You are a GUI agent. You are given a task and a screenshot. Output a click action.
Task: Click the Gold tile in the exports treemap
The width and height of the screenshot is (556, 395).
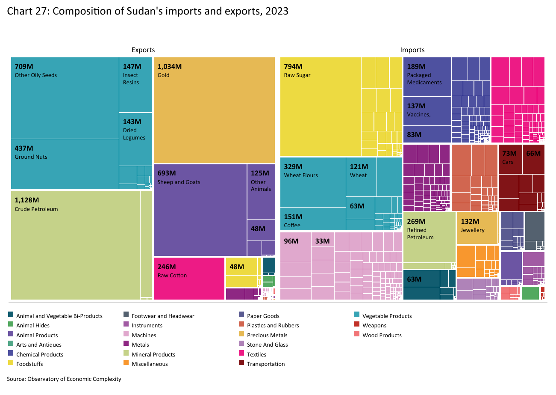pos(214,110)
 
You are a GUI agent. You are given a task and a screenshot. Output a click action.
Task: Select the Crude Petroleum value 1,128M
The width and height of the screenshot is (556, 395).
pos(27,200)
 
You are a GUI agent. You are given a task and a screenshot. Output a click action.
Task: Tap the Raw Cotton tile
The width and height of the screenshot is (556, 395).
pos(189,278)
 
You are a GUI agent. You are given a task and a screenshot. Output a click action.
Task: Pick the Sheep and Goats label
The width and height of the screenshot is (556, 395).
pos(179,182)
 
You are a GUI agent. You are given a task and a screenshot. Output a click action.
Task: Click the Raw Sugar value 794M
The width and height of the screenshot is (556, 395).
pos(293,66)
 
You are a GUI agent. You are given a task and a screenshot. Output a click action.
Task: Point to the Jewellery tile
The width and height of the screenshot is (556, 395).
pos(477,228)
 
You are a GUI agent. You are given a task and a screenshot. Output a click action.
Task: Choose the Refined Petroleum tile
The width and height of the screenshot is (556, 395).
pos(429,238)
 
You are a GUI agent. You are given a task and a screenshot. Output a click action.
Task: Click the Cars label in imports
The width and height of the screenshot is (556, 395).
pos(508,162)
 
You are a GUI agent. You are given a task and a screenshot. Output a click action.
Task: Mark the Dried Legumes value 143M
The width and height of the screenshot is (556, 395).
pos(132,122)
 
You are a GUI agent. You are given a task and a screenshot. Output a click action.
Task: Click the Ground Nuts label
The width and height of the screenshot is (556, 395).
pos(31,157)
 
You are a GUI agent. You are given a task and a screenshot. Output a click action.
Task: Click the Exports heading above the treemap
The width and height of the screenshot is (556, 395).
pos(143,50)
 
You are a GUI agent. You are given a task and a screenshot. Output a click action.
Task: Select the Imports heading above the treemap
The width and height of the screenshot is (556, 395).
pos(412,50)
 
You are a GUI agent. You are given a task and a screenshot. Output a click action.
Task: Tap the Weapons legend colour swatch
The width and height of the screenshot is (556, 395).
pos(357,325)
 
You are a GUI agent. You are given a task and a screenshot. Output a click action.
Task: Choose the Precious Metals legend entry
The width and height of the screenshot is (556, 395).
pos(267,335)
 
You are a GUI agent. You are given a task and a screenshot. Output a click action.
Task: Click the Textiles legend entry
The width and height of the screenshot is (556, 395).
pos(256,354)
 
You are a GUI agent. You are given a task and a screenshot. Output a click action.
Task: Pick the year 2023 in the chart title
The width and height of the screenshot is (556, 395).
pos(277,11)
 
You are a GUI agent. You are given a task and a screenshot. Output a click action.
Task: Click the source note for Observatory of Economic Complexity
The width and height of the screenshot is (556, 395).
pos(64,379)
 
